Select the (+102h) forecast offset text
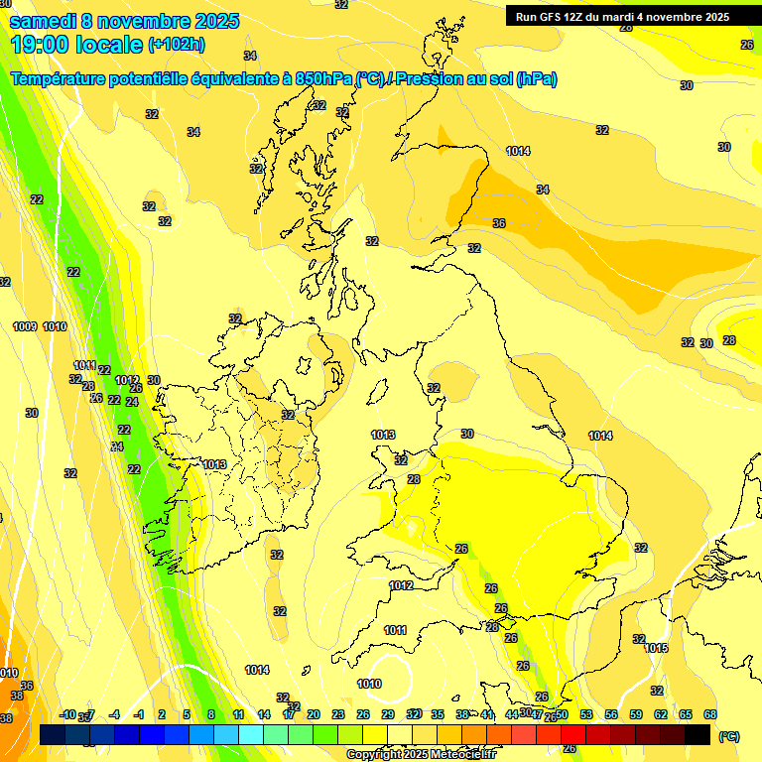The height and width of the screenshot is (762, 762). [x=176, y=45]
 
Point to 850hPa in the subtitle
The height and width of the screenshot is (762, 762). [x=323, y=79]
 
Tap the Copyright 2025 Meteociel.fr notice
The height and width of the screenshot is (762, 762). [x=421, y=755]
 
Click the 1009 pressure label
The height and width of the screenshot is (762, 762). [x=25, y=326]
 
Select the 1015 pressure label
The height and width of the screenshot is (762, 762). [x=656, y=648]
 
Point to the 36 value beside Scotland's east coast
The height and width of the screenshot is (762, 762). [x=499, y=223]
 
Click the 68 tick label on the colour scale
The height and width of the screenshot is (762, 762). [x=710, y=714]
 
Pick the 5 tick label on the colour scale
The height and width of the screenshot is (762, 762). [x=187, y=714]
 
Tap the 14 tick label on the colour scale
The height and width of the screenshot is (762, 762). [x=264, y=714]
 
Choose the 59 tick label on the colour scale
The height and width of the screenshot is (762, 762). [x=636, y=714]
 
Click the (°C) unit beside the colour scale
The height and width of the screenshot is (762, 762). [x=729, y=736]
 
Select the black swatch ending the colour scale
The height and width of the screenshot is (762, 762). [x=698, y=734]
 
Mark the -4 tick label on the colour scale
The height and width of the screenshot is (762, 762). [x=114, y=714]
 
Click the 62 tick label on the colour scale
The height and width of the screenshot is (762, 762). [x=661, y=714]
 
